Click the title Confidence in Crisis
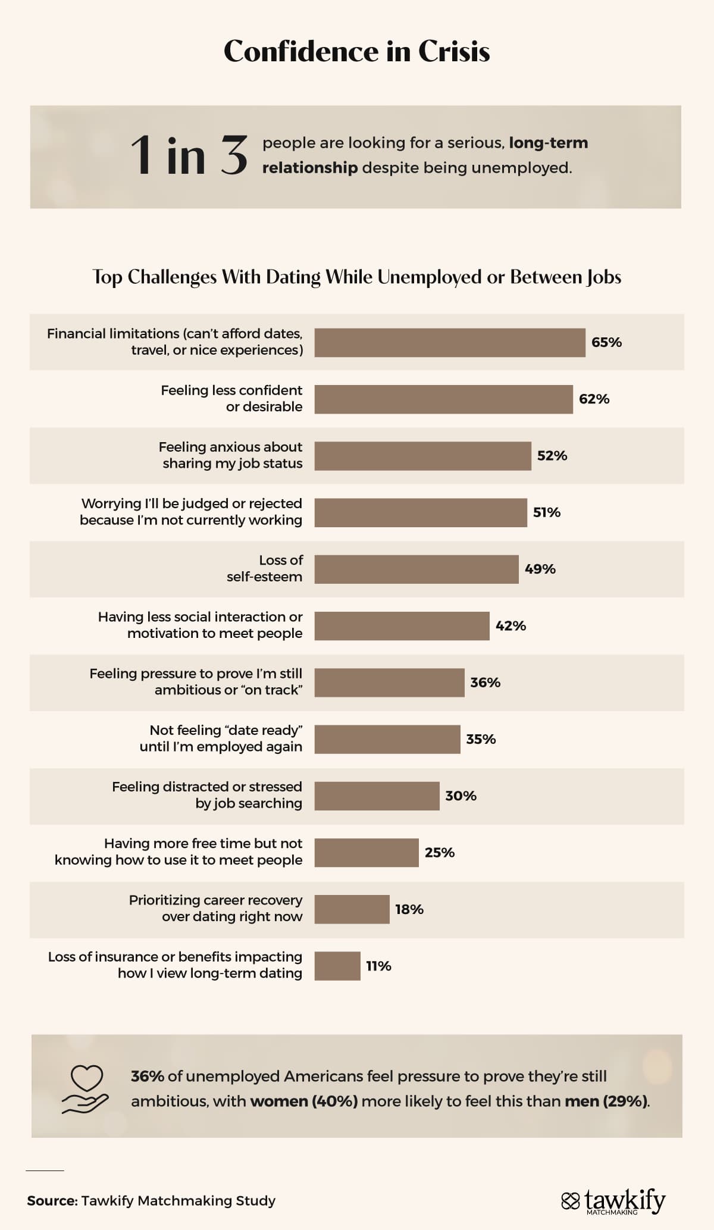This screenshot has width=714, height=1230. click(x=356, y=51)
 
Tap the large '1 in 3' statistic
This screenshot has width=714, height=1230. click(x=188, y=156)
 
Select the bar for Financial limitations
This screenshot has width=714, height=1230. click(x=449, y=343)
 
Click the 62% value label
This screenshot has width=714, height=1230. click(x=594, y=399)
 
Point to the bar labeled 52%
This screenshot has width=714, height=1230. click(x=422, y=456)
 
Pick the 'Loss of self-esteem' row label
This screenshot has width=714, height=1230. click(x=265, y=568)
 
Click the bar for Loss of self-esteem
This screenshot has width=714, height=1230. click(x=416, y=569)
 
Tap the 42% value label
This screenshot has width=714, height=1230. click(x=511, y=626)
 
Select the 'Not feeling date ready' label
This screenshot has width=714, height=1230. click(x=221, y=738)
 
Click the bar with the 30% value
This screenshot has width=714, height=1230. click(x=377, y=796)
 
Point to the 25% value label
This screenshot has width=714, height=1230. click(x=439, y=853)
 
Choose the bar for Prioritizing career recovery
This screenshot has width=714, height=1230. click(x=352, y=909)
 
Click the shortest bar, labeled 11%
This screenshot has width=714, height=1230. click(x=337, y=966)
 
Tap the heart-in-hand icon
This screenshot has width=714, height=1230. click(x=86, y=1089)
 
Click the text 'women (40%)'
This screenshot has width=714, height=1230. click(x=304, y=1101)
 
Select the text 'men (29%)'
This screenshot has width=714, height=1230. click(x=606, y=1101)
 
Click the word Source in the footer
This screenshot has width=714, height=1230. click(x=52, y=1201)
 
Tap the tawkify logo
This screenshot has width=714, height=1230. click(x=613, y=1201)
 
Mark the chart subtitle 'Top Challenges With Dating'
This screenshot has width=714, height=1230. click(x=356, y=277)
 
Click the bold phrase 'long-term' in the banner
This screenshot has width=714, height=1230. click(x=548, y=143)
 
